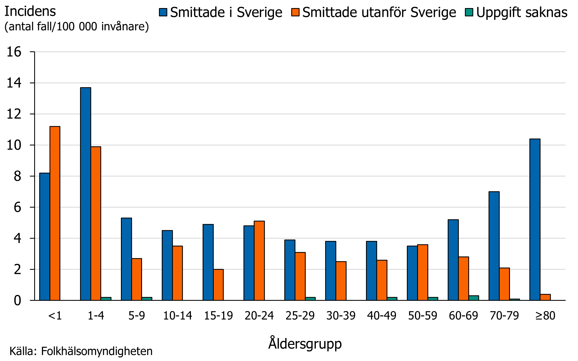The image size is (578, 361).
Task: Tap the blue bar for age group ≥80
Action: [535, 219]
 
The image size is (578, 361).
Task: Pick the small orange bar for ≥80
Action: [545, 297]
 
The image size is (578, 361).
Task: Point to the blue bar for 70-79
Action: [494, 246]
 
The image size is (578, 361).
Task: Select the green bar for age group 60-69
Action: [474, 298]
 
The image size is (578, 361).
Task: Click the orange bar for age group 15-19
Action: [218, 284]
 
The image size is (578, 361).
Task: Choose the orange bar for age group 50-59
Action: [422, 272]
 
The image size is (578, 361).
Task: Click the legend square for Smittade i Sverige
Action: [163, 12]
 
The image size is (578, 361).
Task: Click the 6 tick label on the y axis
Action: [17, 207]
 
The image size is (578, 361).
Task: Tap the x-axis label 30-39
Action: [341, 316]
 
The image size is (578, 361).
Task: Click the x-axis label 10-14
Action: [177, 316]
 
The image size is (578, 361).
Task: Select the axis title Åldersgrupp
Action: [305, 344]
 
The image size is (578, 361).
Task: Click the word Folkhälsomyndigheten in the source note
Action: [97, 351]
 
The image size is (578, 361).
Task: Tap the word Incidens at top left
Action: [30, 12]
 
